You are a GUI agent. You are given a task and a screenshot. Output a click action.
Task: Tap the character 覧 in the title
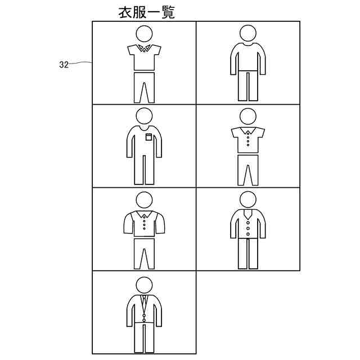[x=168, y=12]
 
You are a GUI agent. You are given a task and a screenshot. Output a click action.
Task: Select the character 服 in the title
[x=140, y=12]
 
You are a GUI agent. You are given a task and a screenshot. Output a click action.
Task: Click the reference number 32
[x=64, y=65]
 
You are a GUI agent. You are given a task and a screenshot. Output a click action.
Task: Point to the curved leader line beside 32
[x=80, y=62]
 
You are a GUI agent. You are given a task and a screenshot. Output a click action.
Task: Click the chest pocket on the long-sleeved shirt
[x=148, y=137]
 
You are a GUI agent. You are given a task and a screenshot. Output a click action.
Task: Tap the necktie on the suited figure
[x=144, y=301]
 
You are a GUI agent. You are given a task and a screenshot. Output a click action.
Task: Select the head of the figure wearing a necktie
[x=144, y=285]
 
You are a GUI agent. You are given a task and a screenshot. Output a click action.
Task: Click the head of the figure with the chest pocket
[x=144, y=116]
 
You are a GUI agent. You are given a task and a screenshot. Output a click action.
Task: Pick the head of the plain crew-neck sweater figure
[x=248, y=33]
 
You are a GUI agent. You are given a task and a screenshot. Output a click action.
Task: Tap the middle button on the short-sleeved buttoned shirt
[x=248, y=141]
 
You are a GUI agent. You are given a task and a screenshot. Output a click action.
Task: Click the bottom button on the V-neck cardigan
[x=248, y=234]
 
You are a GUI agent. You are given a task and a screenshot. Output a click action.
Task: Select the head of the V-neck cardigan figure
[x=248, y=200]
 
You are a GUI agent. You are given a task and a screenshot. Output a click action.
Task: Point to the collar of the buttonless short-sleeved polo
[x=144, y=48]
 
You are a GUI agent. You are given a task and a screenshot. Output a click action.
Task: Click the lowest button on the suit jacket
[x=144, y=320]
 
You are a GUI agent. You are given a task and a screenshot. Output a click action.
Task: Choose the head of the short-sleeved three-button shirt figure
[x=248, y=116]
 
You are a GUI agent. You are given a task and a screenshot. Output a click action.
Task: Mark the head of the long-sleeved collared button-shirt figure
[x=144, y=200]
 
